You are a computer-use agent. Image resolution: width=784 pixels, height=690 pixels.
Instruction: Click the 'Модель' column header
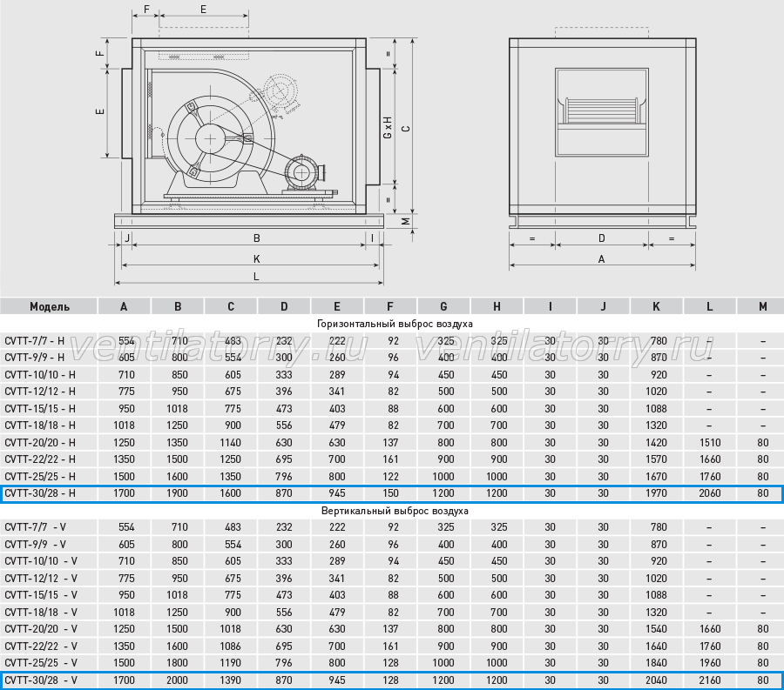click(x=50, y=306)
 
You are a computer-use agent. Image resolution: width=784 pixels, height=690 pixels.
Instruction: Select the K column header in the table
click(x=656, y=306)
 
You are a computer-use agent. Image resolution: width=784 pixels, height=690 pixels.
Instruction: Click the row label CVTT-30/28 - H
click(x=40, y=493)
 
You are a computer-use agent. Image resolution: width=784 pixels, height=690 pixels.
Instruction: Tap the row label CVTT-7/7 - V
click(x=35, y=527)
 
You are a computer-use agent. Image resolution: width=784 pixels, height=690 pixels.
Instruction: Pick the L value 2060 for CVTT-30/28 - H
click(x=709, y=493)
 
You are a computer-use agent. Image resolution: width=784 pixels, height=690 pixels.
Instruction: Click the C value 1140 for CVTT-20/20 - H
click(x=231, y=443)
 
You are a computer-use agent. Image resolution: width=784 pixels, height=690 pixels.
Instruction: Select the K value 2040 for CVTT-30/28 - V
click(x=656, y=680)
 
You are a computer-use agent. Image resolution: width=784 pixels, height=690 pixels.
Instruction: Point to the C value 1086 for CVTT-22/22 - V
click(x=231, y=646)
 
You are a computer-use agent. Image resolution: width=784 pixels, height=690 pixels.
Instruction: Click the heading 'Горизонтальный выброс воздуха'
click(x=395, y=324)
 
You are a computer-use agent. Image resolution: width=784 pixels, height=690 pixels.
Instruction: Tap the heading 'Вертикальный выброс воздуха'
click(x=395, y=511)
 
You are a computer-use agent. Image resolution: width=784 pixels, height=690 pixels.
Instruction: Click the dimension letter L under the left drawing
click(x=256, y=277)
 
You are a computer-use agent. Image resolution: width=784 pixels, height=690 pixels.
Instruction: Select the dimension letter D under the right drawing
click(x=601, y=238)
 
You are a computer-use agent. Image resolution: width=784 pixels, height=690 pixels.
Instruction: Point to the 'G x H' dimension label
click(x=388, y=127)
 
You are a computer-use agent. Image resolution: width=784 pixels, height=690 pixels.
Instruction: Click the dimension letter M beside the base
click(x=406, y=220)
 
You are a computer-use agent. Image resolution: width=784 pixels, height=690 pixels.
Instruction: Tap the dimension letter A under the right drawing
click(x=601, y=259)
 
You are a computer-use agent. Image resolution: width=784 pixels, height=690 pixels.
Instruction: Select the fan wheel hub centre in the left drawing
click(x=211, y=137)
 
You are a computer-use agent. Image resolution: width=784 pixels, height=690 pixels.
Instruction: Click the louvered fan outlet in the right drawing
click(x=601, y=111)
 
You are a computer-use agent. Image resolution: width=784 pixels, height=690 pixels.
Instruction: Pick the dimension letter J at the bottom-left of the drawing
click(x=127, y=238)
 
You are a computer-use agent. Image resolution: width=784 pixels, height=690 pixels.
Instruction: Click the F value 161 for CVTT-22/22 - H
click(x=390, y=459)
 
